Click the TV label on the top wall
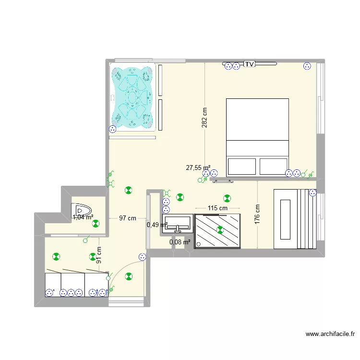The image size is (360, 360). tap(249, 64)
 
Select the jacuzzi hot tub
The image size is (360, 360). tap(132, 98)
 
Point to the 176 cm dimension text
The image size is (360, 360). tap(258, 215)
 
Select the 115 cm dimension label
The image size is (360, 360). tap(217, 208)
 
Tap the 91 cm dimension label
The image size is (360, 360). tap(98, 255)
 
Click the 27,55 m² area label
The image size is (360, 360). tap(198, 168)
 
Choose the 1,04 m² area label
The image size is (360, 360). tap(83, 217)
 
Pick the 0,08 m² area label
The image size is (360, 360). tap(180, 242)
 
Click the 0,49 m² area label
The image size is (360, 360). tap(155, 224)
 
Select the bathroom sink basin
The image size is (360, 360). tap(177, 224)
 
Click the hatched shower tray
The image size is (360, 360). tap(217, 230)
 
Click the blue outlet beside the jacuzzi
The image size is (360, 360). tap(113, 129)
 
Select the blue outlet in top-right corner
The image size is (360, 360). tap(307, 67)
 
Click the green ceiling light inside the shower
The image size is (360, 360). tap(220, 230)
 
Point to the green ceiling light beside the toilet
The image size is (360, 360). tap(96, 223)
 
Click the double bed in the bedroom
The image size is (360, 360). tap(257, 137)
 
